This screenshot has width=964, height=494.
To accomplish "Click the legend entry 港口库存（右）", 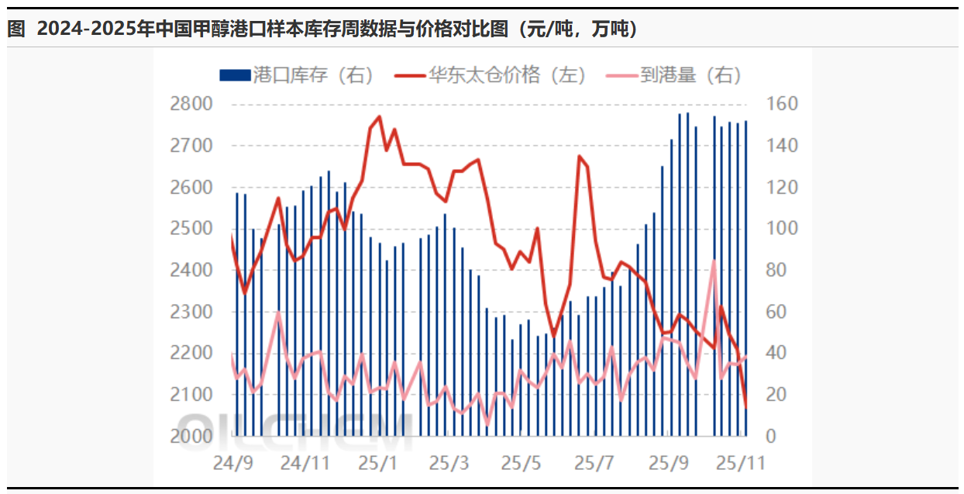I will tap(298, 75).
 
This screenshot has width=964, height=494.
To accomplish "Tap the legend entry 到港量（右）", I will tap(681, 75).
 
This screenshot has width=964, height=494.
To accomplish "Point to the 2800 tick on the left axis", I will tap(191, 104).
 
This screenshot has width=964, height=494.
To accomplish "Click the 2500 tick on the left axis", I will tap(191, 229).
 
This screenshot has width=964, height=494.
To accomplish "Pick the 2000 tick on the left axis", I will tap(191, 436).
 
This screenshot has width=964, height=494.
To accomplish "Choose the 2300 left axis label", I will tap(191, 312).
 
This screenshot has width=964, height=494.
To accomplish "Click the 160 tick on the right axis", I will tap(781, 104).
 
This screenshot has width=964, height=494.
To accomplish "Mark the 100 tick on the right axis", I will tap(781, 229).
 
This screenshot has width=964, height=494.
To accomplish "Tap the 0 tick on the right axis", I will tap(772, 436).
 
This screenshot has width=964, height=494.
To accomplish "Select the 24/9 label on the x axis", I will tap(233, 464).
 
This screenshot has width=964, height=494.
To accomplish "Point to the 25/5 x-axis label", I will tap(522, 464).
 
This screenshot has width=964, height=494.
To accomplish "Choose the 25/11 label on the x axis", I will tap(740, 464).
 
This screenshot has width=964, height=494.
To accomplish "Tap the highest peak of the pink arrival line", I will tap(714, 261).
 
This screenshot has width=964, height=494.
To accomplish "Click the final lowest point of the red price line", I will tap(746, 406).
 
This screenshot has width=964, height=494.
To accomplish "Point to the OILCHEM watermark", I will tap(294, 430).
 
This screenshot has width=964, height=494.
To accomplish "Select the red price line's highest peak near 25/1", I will tap(379, 117).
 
